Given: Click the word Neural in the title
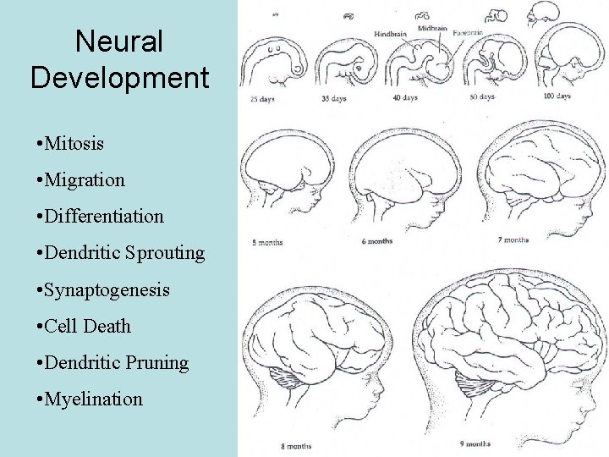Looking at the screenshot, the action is click(x=118, y=41).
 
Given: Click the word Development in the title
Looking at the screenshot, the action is click(x=119, y=77).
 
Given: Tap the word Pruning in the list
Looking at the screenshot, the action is click(x=156, y=362).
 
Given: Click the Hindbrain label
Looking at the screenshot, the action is click(x=390, y=34).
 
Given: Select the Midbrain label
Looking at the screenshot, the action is click(x=433, y=28).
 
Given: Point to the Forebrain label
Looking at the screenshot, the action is click(x=468, y=32).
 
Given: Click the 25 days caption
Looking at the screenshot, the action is click(x=261, y=98).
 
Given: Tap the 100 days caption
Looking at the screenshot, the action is click(x=557, y=96).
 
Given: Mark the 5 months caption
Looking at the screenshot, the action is click(x=267, y=243).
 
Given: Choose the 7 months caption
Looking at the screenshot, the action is click(x=513, y=240).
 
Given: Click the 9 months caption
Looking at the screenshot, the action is click(x=475, y=443).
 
